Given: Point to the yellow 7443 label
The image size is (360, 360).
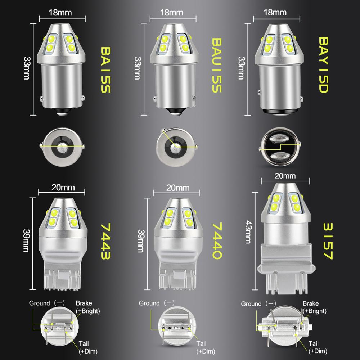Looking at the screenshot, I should click(105, 241).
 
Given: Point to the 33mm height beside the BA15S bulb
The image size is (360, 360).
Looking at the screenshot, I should click(27, 68).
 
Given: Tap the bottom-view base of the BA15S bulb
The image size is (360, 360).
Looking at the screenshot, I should click(62, 146).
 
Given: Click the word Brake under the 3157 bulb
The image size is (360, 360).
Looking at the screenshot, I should click(310, 303).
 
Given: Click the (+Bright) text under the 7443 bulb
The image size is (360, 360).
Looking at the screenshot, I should click(88, 310).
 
